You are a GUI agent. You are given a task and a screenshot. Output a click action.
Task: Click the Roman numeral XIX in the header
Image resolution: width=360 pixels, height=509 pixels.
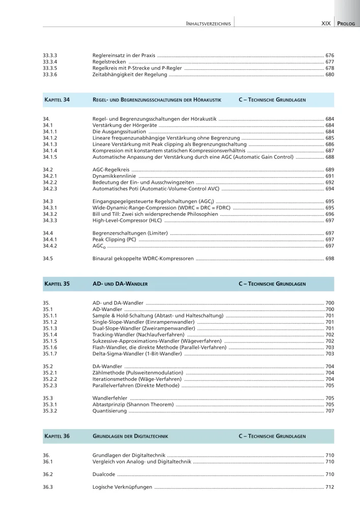click(x=326, y=23)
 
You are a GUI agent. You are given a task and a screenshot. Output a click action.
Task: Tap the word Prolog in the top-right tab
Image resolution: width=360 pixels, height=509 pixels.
click(x=347, y=23)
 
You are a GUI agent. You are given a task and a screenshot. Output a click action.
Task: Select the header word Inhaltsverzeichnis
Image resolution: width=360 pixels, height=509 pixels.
click(x=209, y=23)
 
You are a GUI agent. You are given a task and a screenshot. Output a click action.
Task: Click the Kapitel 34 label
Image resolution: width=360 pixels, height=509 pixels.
click(x=57, y=100)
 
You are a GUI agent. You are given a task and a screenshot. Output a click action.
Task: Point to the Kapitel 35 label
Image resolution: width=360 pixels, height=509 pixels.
click(x=57, y=284)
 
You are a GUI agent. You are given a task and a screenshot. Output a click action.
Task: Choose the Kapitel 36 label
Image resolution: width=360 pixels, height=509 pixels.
click(x=57, y=436)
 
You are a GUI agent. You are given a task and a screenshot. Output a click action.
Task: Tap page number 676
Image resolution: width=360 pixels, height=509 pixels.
click(x=329, y=55)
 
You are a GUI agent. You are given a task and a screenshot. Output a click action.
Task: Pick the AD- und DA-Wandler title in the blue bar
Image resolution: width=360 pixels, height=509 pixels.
click(x=120, y=284)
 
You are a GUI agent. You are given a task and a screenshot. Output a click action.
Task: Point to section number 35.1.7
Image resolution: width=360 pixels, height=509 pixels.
click(x=49, y=354)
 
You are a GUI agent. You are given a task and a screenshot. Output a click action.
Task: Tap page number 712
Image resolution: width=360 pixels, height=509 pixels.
click(x=329, y=487)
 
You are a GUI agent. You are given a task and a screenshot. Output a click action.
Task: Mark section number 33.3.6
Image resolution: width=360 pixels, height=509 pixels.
click(x=49, y=74)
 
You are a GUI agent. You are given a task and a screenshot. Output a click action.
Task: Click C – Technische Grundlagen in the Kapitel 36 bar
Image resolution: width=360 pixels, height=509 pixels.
click(x=272, y=436)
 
